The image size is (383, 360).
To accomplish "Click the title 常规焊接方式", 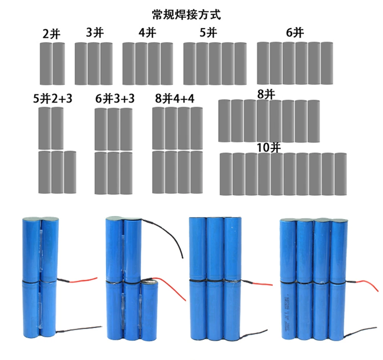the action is click(x=187, y=15).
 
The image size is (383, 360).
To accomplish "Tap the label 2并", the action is click(x=52, y=34).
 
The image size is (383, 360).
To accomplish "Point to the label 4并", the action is click(x=147, y=33).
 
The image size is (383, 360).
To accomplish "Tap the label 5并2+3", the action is click(x=52, y=99).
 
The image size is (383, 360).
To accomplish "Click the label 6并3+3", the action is click(x=115, y=99).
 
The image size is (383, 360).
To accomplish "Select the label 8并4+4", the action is click(x=175, y=99).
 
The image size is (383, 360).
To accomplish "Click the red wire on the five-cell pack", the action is click(x=174, y=289).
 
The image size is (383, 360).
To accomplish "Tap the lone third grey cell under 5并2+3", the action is click(x=70, y=172).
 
